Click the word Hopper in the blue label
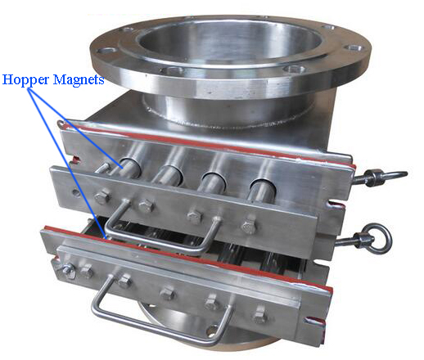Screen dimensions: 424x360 (x=26, y=80)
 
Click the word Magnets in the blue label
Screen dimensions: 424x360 (x=79, y=79)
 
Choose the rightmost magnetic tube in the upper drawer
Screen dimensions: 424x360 (x=261, y=190)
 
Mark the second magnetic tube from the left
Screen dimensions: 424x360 (x=169, y=175)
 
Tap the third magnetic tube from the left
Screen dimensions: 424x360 (x=214, y=182)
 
